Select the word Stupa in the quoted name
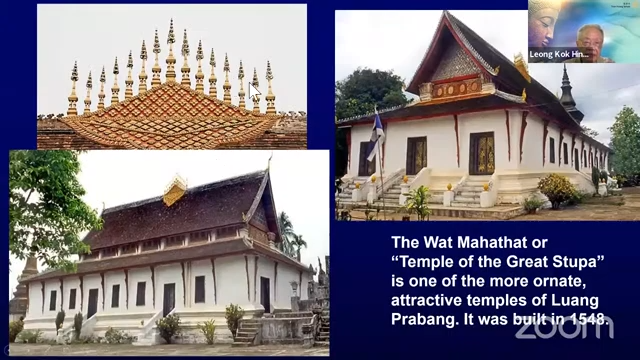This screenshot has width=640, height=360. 576,262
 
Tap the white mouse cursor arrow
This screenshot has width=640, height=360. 254,91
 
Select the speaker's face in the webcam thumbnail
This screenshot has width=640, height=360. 590,42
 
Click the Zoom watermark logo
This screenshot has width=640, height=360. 564,327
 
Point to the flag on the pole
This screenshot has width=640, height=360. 375,138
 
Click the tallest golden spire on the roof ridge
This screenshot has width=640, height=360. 171,51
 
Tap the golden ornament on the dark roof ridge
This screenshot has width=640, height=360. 175,189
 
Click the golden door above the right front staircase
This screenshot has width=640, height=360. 482,153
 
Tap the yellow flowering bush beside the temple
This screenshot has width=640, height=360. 557,191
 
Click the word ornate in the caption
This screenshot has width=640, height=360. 568,282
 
